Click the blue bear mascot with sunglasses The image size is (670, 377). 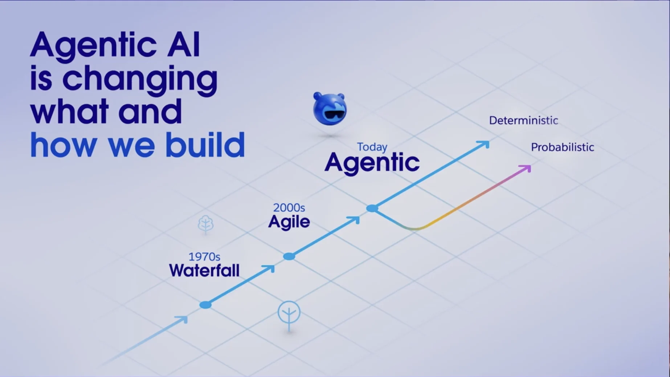tap(330, 109)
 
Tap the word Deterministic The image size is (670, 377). tap(523, 121)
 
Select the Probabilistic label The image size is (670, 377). tap(562, 147)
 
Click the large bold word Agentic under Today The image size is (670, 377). tap(372, 162)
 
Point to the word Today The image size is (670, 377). tap(372, 147)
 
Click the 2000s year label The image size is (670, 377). tap(289, 207)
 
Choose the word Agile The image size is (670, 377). tap(289, 222)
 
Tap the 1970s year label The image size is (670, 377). tap(204, 257)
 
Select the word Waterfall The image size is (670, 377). tap(204, 271)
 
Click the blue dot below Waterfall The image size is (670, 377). tap(205, 305)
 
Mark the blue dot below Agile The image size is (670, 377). tap(289, 256)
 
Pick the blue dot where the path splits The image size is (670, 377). tap(372, 208)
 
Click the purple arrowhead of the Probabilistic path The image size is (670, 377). tap(526, 169)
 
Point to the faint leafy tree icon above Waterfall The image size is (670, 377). tap(205, 224)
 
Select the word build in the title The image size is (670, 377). tap(205, 144)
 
